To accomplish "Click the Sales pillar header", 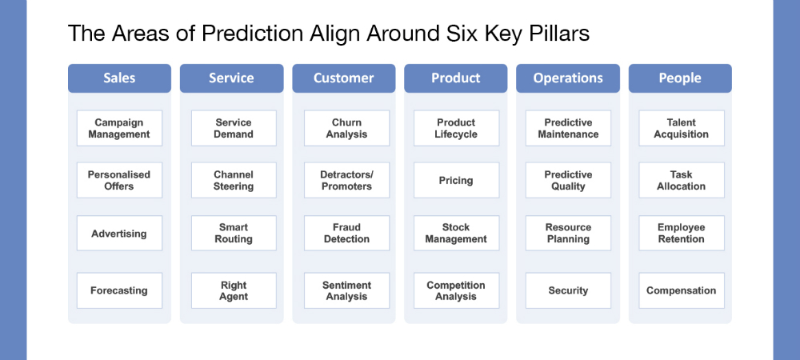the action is click(x=119, y=78).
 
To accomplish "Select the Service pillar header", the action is click(x=232, y=78).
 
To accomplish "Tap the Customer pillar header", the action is click(x=344, y=78).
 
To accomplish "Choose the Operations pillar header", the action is click(x=568, y=78).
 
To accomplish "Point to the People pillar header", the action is click(x=680, y=78).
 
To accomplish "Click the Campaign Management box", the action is click(x=119, y=129).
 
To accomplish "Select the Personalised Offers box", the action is click(x=119, y=181).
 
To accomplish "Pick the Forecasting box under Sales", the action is click(x=119, y=290).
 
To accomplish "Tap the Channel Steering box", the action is click(x=234, y=181).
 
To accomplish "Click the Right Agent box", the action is click(x=234, y=290).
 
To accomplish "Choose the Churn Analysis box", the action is click(x=347, y=129).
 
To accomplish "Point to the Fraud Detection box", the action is click(x=347, y=233).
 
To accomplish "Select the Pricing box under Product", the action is click(x=456, y=181).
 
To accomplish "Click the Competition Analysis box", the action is click(x=456, y=290).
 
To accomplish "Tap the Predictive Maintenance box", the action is click(x=568, y=129).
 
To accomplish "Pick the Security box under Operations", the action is click(x=568, y=290).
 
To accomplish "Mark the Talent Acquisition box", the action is click(x=682, y=129).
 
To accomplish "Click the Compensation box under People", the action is click(x=682, y=290).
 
